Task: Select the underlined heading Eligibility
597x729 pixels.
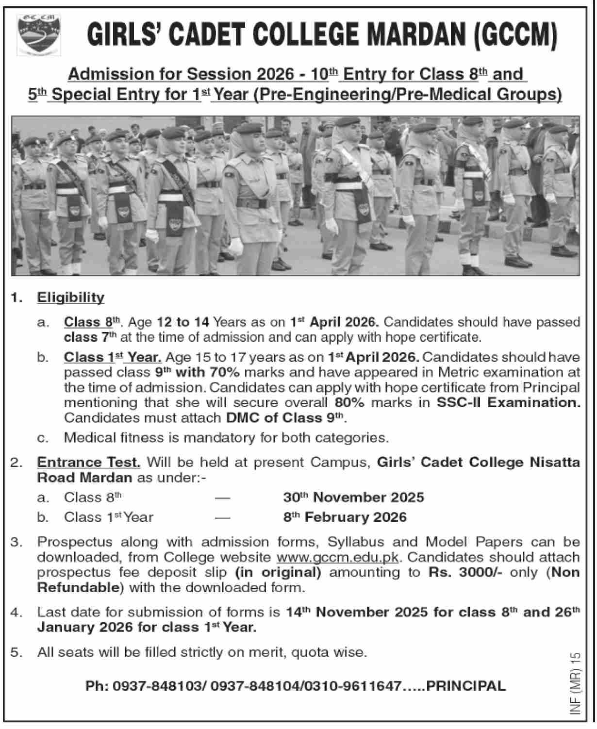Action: (70, 297)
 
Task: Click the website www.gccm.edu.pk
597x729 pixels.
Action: (337, 557)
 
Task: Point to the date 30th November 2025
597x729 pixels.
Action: (353, 497)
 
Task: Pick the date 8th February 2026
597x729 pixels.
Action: (345, 517)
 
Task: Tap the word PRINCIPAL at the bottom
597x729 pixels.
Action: (466, 686)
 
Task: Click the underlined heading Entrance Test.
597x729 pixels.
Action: (88, 462)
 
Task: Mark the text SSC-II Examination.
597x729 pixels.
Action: (508, 402)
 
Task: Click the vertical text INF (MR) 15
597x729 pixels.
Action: (575, 684)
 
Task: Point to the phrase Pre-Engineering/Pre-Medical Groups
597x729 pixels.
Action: (407, 94)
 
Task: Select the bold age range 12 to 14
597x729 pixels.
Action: (182, 322)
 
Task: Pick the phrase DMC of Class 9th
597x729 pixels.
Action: (285, 417)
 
